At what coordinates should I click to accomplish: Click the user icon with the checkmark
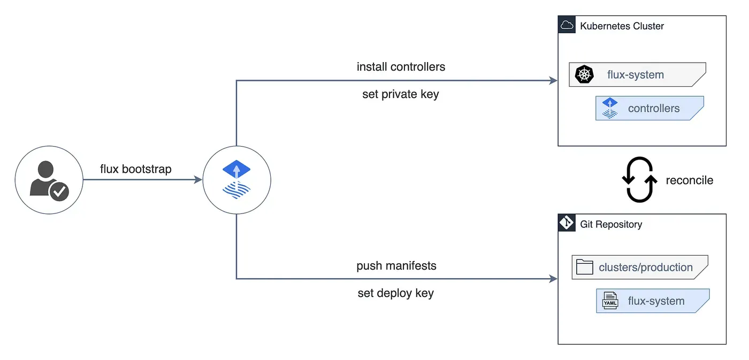[x=49, y=181]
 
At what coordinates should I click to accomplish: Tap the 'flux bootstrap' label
[x=136, y=169]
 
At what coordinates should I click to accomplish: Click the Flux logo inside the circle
[x=236, y=179]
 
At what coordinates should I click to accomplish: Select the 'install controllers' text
[x=401, y=67]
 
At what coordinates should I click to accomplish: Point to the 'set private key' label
[x=400, y=94]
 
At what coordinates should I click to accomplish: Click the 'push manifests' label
[x=396, y=265]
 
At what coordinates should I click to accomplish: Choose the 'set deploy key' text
[x=395, y=293]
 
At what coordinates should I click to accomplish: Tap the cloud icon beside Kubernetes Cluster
[x=567, y=25]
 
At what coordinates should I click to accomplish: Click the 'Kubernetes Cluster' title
[x=622, y=26]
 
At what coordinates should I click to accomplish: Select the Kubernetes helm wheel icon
[x=584, y=74]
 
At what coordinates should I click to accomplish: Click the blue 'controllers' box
[x=649, y=108]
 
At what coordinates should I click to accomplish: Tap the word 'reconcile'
[x=689, y=180]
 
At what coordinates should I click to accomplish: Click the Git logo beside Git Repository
[x=567, y=223]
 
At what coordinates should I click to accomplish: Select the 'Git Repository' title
[x=611, y=224]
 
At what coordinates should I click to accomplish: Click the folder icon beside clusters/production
[x=584, y=267]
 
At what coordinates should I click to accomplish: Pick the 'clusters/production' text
[x=646, y=267]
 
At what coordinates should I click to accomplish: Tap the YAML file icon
[x=610, y=301]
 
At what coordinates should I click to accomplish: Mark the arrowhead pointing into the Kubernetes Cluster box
[x=554, y=81]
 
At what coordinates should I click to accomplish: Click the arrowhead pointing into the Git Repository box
[x=554, y=279]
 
